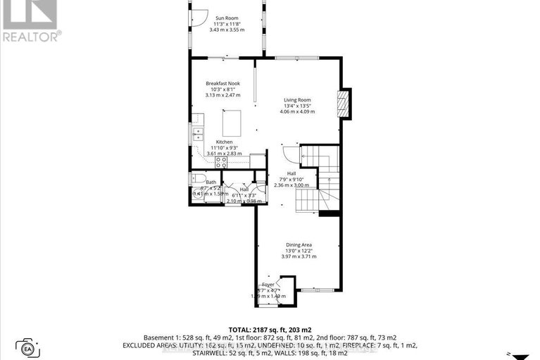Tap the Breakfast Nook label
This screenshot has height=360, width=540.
point(223,83)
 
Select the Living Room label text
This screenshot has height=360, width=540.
point(298,100)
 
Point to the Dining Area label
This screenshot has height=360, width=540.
point(299,244)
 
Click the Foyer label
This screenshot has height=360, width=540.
point(268,285)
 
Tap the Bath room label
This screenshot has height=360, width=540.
point(211,182)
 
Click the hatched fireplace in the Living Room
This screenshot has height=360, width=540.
point(343,104)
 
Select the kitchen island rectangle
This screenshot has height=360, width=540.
point(233,123)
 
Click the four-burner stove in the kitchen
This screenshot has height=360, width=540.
point(221,162)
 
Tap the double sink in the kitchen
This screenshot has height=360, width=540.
point(198,134)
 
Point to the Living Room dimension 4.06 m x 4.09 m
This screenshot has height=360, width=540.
point(298,111)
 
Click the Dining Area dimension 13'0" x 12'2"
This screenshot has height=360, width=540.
point(299,251)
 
